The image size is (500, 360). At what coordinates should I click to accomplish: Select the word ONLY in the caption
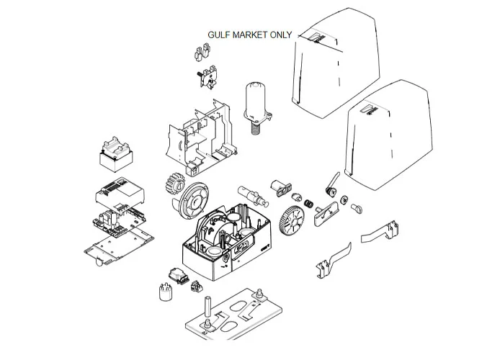coord(281,35)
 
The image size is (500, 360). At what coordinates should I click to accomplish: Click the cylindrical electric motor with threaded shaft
coord(255,104)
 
